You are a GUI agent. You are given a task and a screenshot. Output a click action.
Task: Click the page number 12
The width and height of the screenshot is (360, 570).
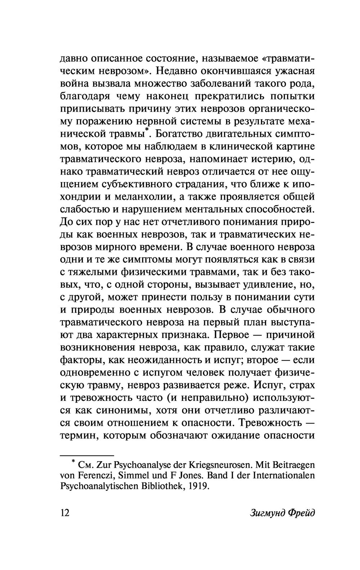coord(65,512)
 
